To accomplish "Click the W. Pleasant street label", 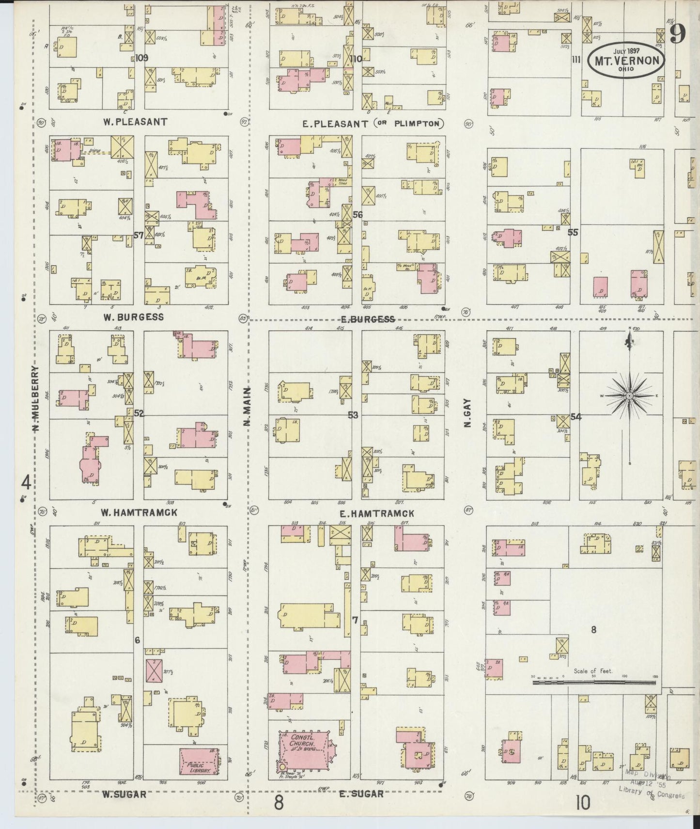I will coord(136,122).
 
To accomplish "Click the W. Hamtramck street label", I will coord(139,512).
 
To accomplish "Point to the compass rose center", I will coord(629,396).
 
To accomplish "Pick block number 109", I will coord(141,58).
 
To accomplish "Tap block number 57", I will coord(139,236).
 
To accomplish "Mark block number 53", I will coord(353,415).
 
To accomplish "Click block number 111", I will coord(576,60).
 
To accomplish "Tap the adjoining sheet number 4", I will coord(26,482).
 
